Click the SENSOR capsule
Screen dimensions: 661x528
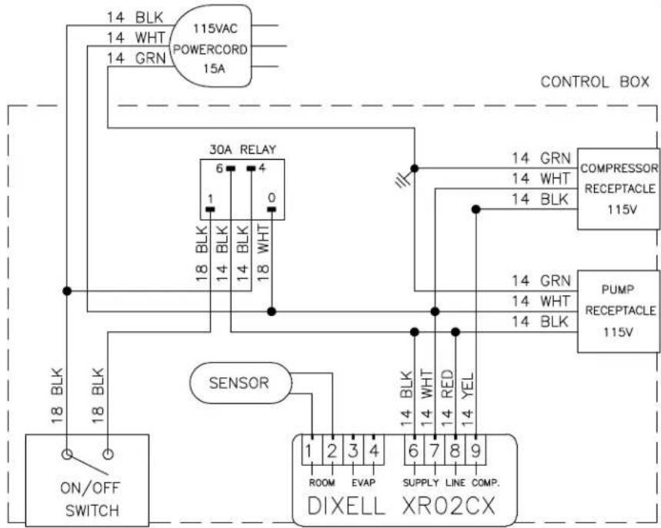(240, 384)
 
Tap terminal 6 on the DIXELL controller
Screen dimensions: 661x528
(413, 451)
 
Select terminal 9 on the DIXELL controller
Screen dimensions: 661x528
(476, 451)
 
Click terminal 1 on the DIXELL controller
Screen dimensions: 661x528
(312, 451)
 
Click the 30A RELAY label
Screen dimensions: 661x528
(242, 149)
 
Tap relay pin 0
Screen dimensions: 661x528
(272, 209)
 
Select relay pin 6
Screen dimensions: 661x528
(230, 168)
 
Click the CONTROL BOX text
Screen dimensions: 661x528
(595, 81)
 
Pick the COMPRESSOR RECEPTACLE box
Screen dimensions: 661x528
(618, 188)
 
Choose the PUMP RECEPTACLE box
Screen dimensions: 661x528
(618, 311)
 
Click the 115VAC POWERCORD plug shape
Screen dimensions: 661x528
(210, 46)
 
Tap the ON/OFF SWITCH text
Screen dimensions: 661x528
(90, 500)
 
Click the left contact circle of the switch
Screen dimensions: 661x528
(67, 455)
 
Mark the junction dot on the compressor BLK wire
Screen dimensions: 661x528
(476, 209)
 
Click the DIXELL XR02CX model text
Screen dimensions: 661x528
(401, 506)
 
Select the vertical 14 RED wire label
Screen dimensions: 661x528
(447, 397)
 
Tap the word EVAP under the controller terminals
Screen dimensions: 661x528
(363, 483)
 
